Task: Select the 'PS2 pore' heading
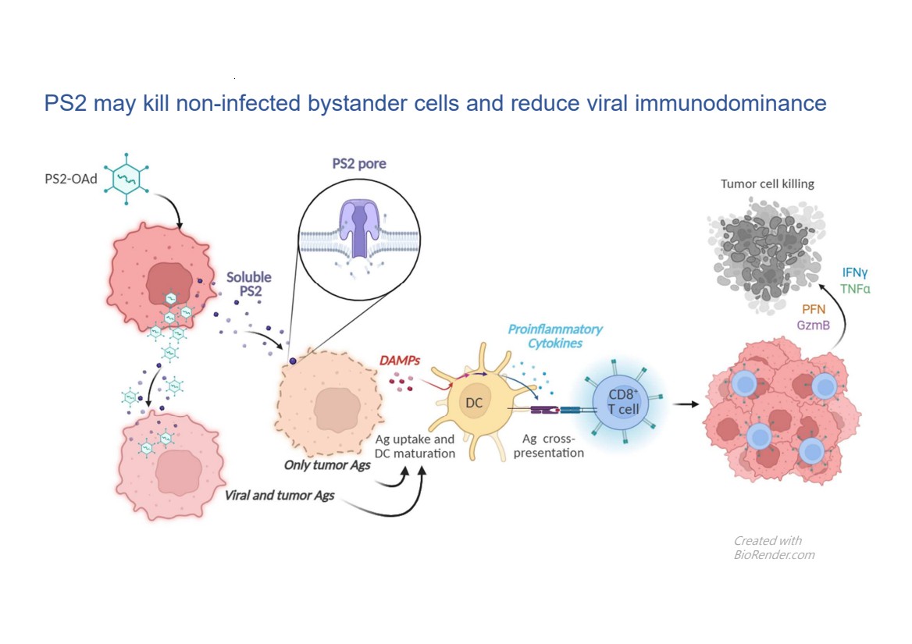[359, 164]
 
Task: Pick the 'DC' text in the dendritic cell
[475, 403]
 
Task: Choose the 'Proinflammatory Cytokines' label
[554, 336]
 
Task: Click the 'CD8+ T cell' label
[618, 403]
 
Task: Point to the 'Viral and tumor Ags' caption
[280, 495]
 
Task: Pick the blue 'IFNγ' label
[856, 273]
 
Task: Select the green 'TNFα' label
[855, 289]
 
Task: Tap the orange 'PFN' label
[814, 309]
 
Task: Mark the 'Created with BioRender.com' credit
[773, 547]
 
